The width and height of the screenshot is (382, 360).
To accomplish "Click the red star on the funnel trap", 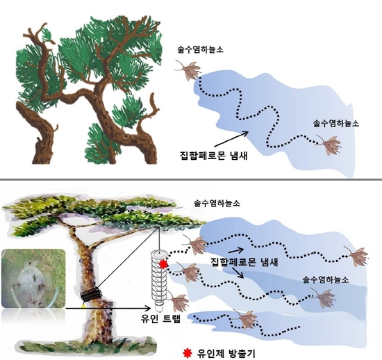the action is pos(163,264).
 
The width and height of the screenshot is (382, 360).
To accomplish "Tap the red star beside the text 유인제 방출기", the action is pos(187,353).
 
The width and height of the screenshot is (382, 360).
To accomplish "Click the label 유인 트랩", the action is pos(160,319).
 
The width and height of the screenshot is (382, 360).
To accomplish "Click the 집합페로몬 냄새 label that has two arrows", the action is pos(244,262).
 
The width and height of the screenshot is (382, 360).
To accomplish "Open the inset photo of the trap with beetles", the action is pos(33,278).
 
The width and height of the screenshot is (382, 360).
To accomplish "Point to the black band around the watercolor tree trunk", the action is pos(91,295).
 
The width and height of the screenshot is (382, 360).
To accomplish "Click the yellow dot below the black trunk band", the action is pos(84,306).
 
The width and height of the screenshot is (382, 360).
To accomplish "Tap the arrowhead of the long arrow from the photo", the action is pos(149,309).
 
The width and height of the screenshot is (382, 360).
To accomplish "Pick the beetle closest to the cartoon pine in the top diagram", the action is pos(188,69).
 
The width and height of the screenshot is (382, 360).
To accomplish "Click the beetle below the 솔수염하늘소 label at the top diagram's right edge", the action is pos(329,145).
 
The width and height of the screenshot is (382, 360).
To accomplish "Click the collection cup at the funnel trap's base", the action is pos(159,308).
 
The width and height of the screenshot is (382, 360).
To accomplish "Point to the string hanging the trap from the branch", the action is pos(159,238).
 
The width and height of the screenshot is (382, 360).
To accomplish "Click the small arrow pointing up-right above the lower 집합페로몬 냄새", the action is pos(236,251).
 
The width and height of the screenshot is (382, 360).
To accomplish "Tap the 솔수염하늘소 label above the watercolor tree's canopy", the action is pos(217,203).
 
